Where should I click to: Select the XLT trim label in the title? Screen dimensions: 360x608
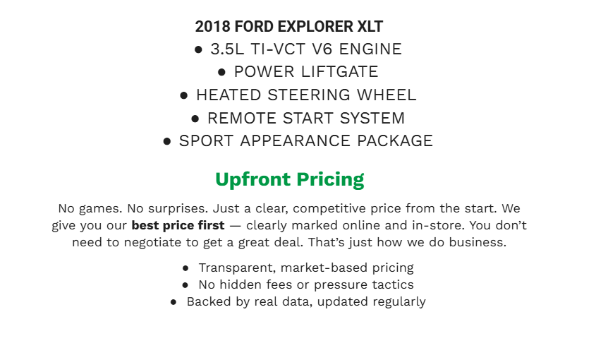[370, 28]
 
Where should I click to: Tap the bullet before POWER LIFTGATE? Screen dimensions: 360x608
[221, 72]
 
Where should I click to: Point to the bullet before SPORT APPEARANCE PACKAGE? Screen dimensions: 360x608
[167, 141]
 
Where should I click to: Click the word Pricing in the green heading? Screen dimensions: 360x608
[331, 179]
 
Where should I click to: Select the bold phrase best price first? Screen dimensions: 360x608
[178, 226]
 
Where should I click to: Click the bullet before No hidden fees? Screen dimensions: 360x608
[185, 285]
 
